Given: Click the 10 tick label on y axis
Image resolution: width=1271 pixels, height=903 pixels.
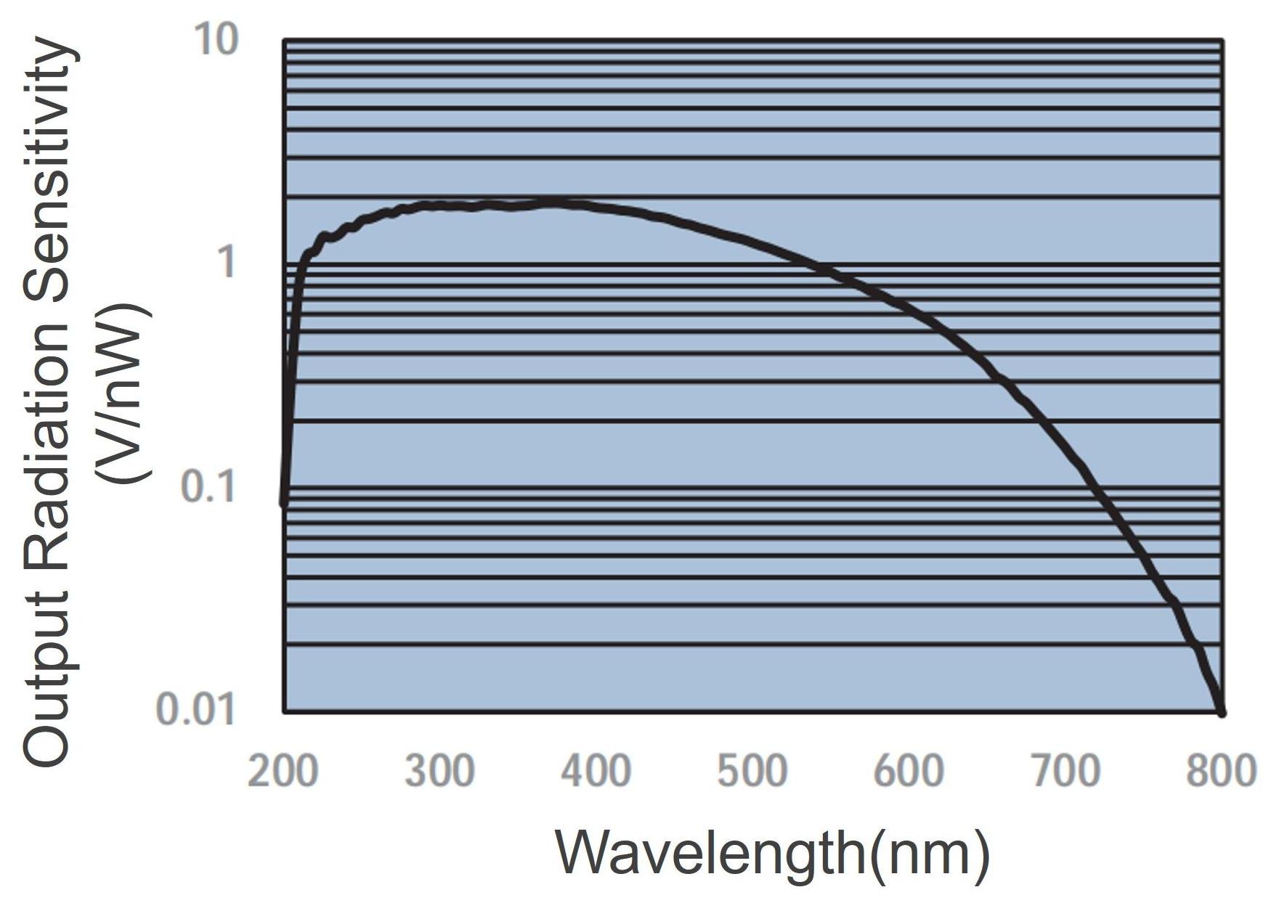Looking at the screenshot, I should click(x=216, y=39).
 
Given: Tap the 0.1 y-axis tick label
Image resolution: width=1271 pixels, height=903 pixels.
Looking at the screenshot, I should click(x=208, y=486).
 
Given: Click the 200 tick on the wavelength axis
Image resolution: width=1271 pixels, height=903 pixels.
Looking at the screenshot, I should click(x=283, y=770).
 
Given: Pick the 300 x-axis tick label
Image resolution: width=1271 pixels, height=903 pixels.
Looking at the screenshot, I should click(x=439, y=770).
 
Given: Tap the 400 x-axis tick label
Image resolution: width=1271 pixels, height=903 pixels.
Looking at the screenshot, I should click(x=596, y=770).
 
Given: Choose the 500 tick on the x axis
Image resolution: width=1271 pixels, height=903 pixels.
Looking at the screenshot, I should click(x=752, y=770).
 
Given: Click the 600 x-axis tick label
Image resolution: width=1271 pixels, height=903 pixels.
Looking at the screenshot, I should click(x=909, y=770).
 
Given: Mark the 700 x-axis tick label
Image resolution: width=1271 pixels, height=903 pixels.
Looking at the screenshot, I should click(x=1065, y=770).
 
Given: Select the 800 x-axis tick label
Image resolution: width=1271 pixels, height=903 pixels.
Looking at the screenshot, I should click(x=1221, y=770).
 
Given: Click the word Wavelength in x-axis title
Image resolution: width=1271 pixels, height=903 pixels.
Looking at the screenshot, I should click(x=712, y=854).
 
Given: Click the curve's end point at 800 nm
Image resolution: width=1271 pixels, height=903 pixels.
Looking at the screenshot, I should click(x=1222, y=713).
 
